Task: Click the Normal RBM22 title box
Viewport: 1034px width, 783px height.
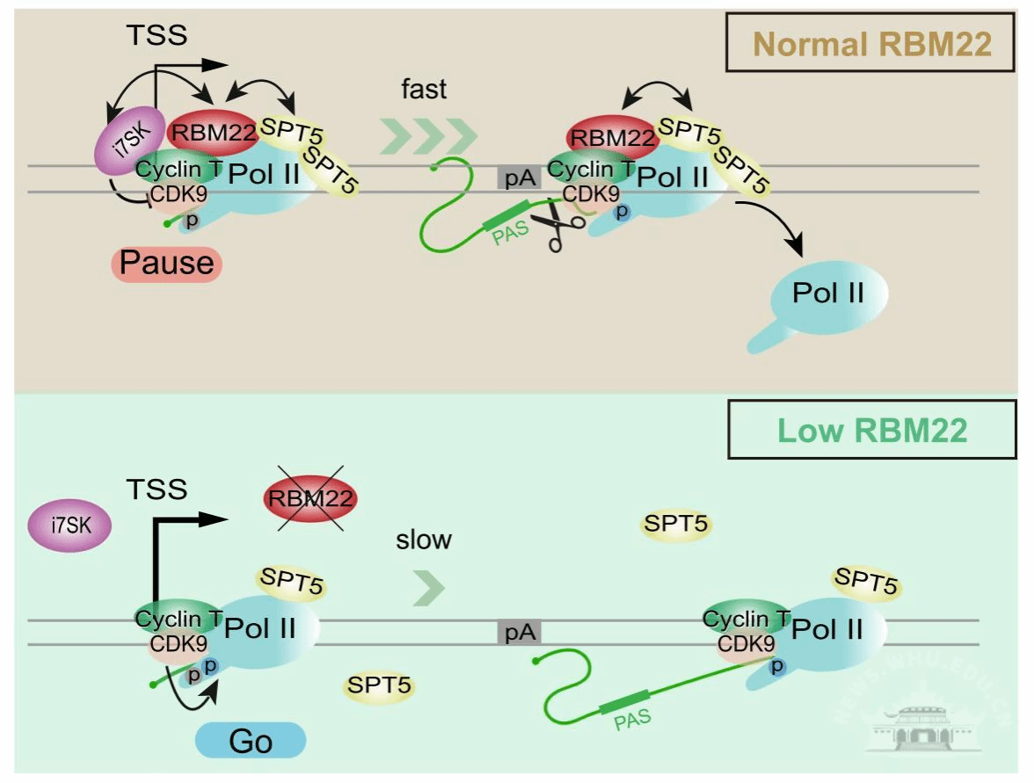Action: point(872,44)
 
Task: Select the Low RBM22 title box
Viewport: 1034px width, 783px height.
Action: point(872,430)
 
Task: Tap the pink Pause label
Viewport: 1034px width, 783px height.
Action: point(167,262)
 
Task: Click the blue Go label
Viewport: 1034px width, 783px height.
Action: point(251,741)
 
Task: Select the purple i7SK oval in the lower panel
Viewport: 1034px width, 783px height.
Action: point(69,526)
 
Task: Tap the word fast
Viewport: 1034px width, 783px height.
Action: point(424,89)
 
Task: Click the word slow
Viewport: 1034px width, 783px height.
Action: point(423,539)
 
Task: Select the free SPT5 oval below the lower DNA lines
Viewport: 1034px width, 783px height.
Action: point(379,685)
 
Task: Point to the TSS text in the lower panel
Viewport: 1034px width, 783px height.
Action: point(157,489)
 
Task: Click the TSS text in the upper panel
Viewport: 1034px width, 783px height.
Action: point(157,35)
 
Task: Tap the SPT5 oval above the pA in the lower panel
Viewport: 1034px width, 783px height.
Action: point(675,525)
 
